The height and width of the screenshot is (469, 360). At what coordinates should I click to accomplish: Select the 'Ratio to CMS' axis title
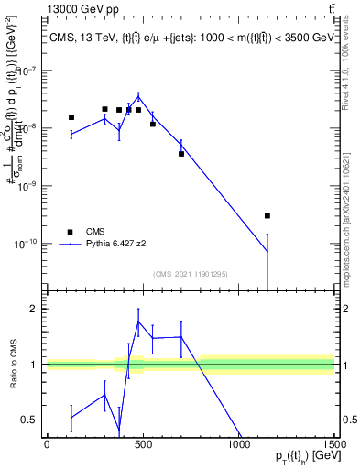click(x=12, y=364)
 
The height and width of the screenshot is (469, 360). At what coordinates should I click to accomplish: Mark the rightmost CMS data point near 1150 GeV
click(x=267, y=215)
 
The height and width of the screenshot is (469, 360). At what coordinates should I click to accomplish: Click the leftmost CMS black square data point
click(x=71, y=117)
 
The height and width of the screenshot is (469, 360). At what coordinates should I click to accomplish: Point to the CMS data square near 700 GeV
click(x=181, y=153)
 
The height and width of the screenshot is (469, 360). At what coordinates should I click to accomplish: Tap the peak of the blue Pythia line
click(x=138, y=96)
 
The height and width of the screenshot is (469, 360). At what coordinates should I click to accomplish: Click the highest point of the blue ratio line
click(x=138, y=322)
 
